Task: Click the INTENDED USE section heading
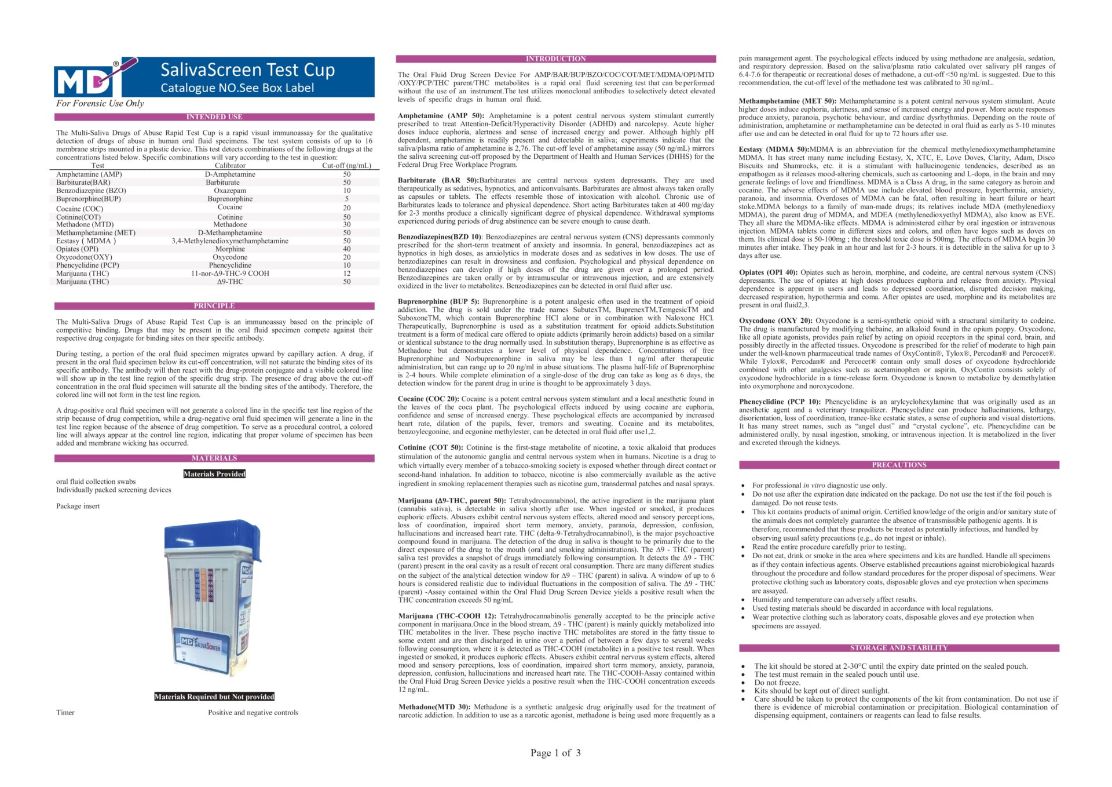click(214, 117)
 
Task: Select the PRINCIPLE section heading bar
click(214, 306)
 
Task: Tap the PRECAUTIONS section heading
click(899, 465)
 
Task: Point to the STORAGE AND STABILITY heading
click(899, 648)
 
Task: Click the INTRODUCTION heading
click(555, 59)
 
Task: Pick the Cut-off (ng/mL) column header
click(346, 166)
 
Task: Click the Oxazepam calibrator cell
click(230, 191)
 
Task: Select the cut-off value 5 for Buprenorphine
click(347, 199)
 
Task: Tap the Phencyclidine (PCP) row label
click(87, 265)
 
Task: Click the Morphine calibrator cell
click(230, 249)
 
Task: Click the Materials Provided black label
click(214, 474)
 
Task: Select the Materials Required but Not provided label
click(214, 697)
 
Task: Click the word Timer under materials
click(65, 713)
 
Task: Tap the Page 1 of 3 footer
click(555, 753)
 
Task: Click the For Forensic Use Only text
click(100, 104)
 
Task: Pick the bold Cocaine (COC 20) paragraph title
click(428, 399)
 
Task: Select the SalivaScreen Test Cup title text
click(247, 70)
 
